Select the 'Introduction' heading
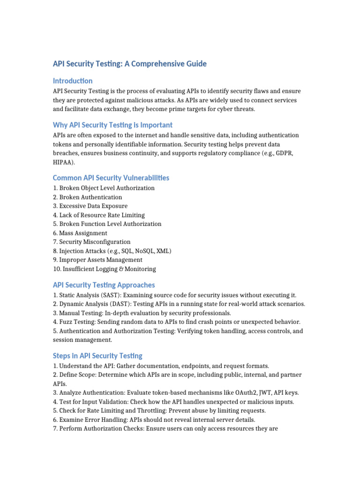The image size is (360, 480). [73, 81]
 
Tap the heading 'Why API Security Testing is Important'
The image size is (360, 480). [112, 125]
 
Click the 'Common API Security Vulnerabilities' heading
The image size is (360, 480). [111, 178]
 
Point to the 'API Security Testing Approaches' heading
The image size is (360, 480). [104, 285]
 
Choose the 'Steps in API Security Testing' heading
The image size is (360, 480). [97, 355]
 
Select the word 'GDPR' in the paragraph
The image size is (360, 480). [285, 153]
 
